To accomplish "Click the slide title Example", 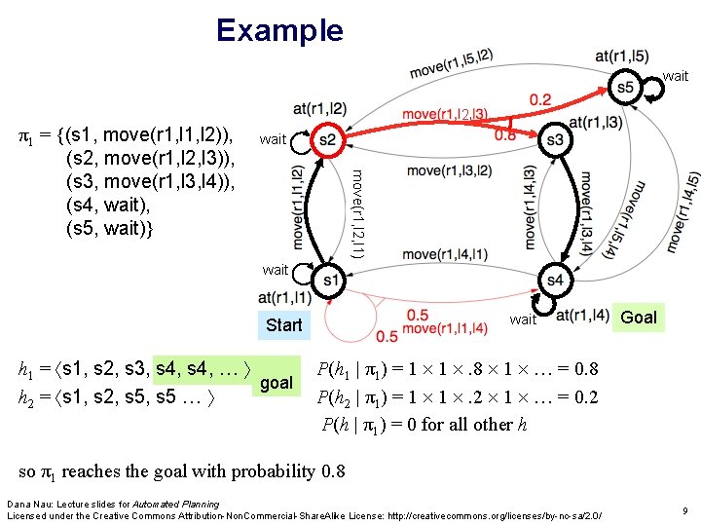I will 279,30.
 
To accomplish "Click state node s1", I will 329,281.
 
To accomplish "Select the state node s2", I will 327,141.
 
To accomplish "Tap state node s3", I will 555,140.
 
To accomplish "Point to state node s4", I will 554,281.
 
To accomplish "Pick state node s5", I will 624,87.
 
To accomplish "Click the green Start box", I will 283,324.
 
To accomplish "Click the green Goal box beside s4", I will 639,317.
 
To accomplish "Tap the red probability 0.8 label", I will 506,136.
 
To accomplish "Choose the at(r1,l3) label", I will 596,123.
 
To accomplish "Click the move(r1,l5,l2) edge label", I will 451,63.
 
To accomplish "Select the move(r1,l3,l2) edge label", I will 449,170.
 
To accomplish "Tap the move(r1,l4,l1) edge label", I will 447,254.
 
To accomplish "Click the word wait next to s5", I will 675,76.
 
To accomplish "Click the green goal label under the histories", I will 277,383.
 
